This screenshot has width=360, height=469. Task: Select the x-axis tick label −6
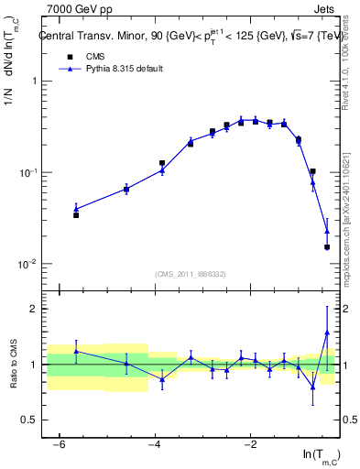(x=60, y=444)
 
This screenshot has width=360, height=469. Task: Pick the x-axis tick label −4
(x=155, y=444)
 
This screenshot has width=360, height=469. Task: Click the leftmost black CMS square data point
(x=76, y=215)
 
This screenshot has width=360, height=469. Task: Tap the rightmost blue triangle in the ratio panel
(x=327, y=333)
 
